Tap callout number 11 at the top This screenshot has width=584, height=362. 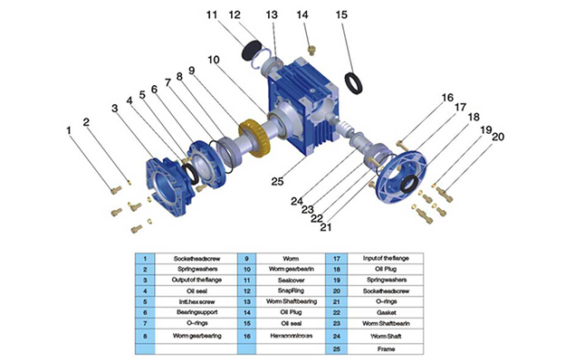pyautogui.click(x=211, y=14)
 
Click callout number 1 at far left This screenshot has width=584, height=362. pyautogui.click(x=68, y=129)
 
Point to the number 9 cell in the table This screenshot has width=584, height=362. pyautogui.click(x=246, y=258)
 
